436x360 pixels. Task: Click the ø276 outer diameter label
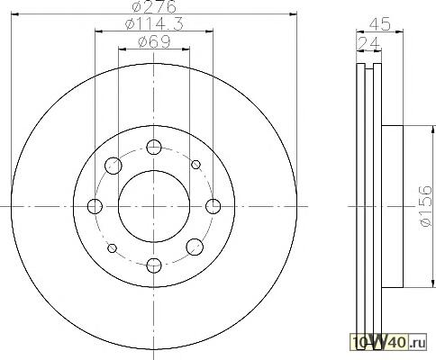tap(154, 6)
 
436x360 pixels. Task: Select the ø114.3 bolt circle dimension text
tap(154, 24)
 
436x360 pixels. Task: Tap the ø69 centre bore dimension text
tap(154, 41)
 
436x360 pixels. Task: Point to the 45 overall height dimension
tap(380, 24)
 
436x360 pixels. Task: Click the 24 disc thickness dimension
tap(368, 43)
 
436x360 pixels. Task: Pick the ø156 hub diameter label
tap(425, 206)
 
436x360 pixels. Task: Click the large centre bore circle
tap(118, 206)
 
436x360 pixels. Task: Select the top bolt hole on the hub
tap(154, 147)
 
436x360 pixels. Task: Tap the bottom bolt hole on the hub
tap(154, 265)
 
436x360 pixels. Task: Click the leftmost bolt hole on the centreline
tap(95, 206)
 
